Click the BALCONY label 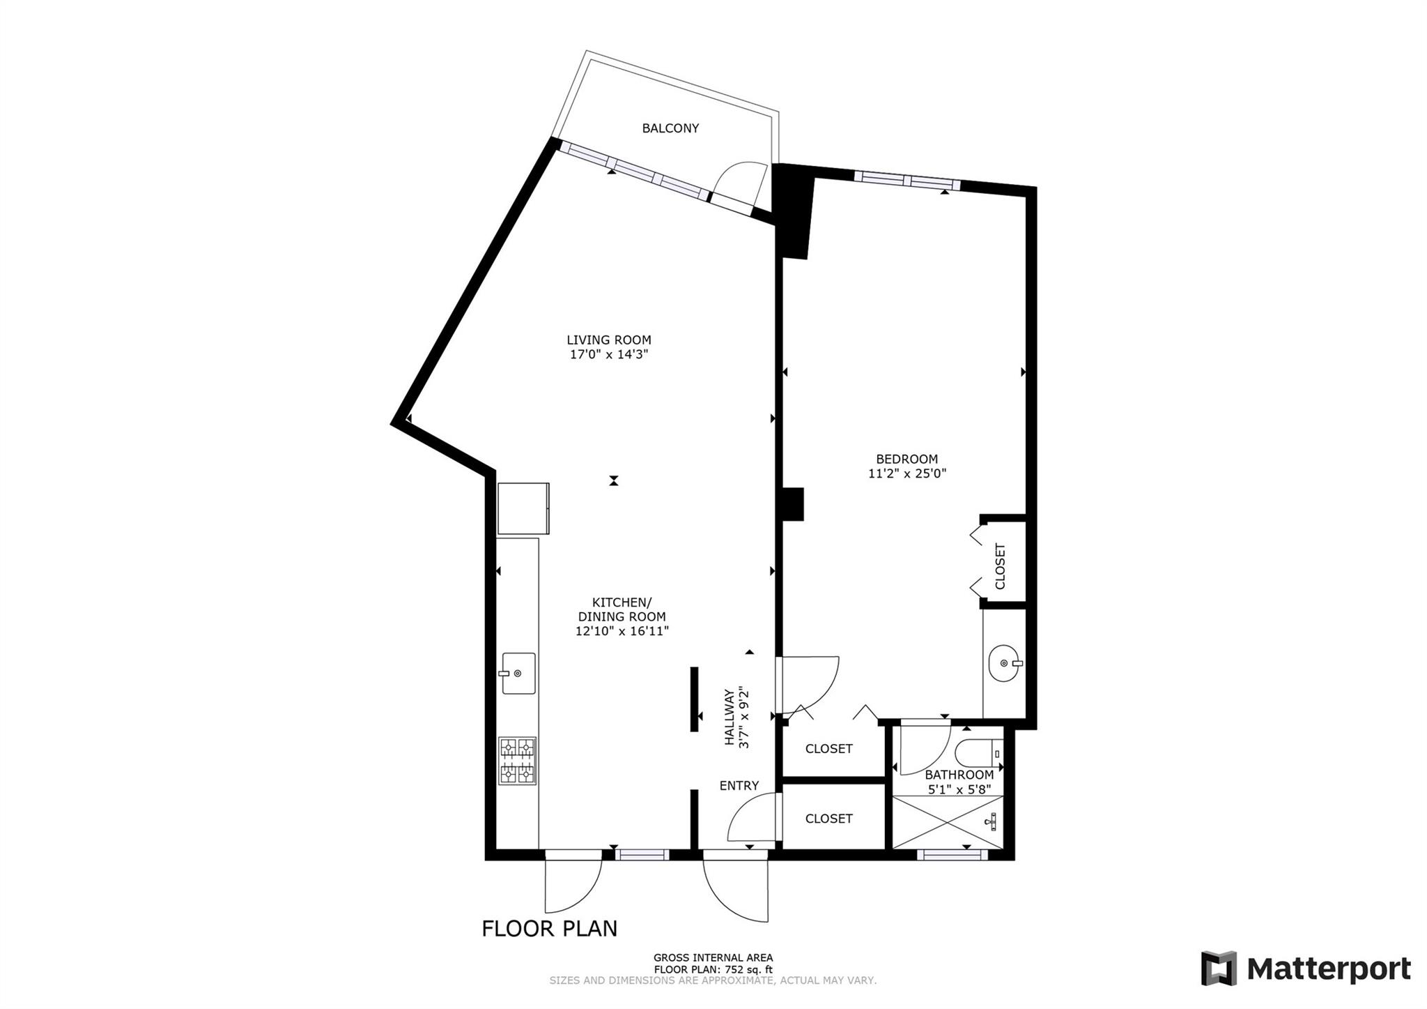(670, 128)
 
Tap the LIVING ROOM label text (608, 340)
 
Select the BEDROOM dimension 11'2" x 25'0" (907, 473)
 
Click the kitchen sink (518, 674)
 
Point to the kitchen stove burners (518, 760)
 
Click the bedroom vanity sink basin (1005, 664)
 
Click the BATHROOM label (959, 775)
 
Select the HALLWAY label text (730, 718)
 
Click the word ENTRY (739, 786)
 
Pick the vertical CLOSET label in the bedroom (1001, 566)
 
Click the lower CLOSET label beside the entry (828, 819)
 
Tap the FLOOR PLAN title (550, 929)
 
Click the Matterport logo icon (1219, 969)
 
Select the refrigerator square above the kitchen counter (523, 508)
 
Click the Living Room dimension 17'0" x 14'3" (609, 354)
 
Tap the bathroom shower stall (948, 822)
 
